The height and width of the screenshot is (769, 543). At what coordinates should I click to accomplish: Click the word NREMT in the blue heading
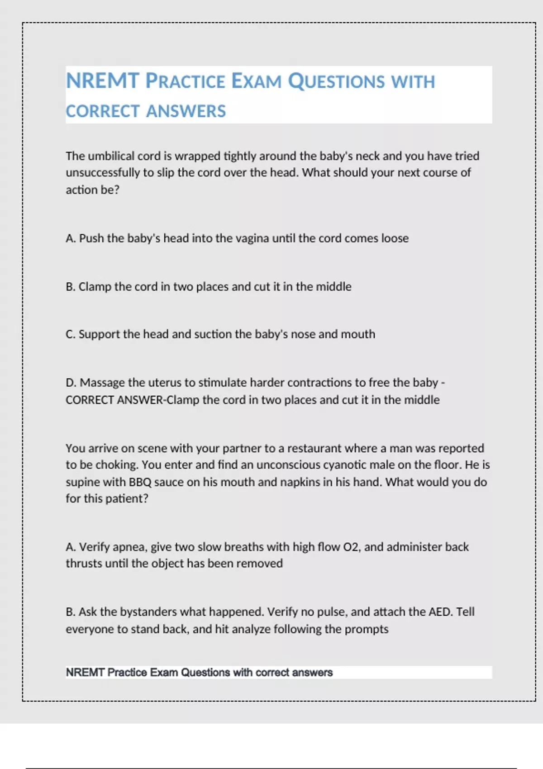click(102, 81)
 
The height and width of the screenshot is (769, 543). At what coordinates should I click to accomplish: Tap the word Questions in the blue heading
click(336, 81)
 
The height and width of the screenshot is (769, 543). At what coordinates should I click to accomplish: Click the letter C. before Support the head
click(70, 334)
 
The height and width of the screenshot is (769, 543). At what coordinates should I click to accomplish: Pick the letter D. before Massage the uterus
click(71, 383)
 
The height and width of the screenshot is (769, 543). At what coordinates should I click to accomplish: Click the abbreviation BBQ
click(140, 482)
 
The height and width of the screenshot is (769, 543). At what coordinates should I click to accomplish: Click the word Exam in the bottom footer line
click(164, 673)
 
